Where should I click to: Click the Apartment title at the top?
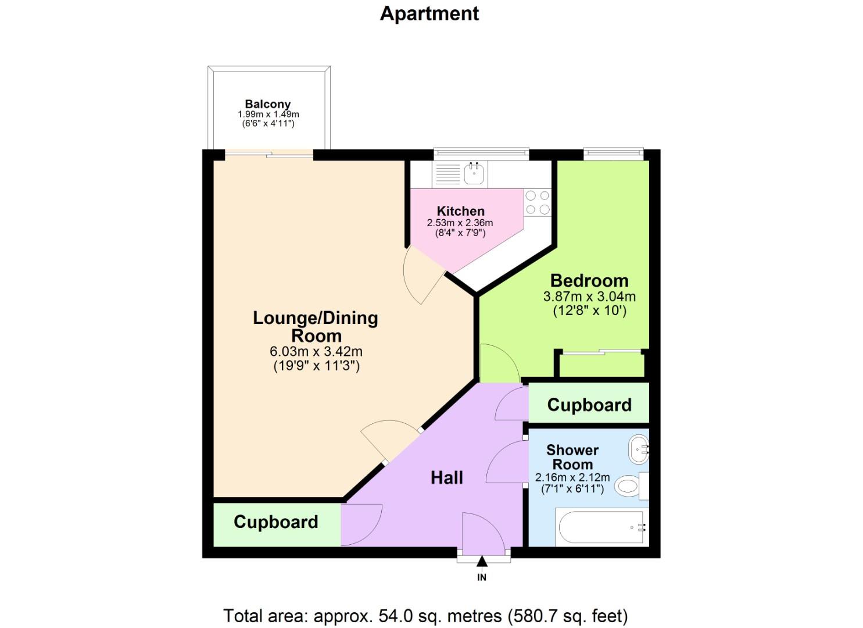coord(429,13)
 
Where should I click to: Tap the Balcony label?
coord(267,105)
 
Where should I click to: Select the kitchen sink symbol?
coord(474,173)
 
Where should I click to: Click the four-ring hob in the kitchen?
coord(538,202)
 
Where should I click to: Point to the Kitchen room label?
coord(460,211)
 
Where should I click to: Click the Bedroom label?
coord(589,280)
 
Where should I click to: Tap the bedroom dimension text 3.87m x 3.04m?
coord(589,296)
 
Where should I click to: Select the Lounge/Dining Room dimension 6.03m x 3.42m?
coord(316,351)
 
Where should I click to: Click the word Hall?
coord(446,478)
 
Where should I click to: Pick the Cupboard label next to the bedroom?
coord(589,405)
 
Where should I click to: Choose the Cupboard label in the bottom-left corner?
coord(275,522)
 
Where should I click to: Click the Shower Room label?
coord(572,457)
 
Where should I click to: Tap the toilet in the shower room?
coord(627,486)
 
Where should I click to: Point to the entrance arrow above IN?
coord(482,561)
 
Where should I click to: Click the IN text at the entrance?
coord(482,577)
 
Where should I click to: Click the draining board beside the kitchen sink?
coord(447,173)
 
